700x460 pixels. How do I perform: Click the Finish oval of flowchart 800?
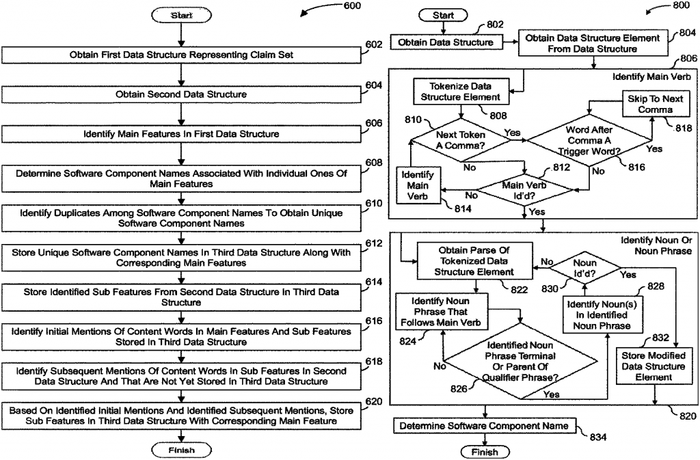485,452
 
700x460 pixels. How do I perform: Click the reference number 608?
373,163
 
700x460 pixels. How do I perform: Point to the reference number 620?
373,401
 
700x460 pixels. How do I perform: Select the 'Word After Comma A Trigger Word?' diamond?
589,140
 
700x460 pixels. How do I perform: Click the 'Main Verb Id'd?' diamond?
524,189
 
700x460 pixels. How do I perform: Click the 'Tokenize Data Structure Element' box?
459,92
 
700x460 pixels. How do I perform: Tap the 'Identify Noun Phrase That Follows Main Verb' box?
440,311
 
